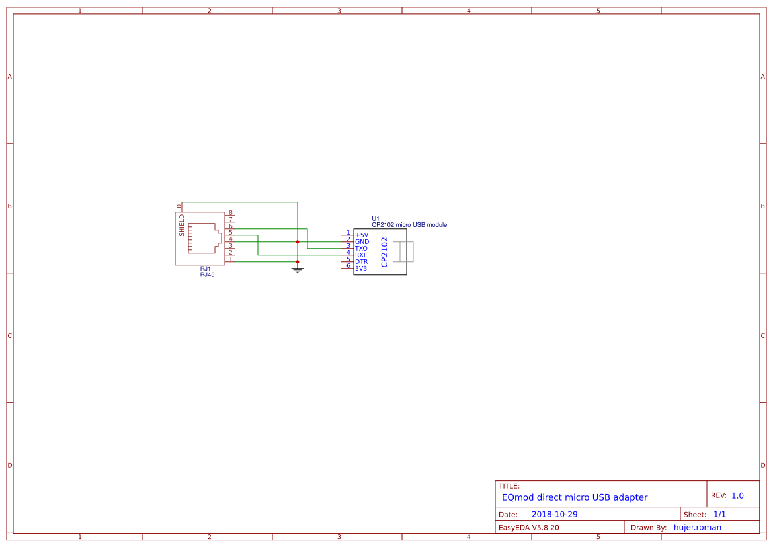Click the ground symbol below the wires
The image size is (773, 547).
coord(298,269)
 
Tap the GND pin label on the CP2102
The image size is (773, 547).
coord(362,242)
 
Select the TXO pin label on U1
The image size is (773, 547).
coord(361,249)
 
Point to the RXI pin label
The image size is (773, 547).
coord(360,255)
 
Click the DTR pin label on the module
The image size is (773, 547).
coord(361,262)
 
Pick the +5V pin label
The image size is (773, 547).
coord(362,235)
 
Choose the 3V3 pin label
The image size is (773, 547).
coord(361,269)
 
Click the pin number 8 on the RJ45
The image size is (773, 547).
coord(231,213)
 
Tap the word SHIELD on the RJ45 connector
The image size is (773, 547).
coord(182,226)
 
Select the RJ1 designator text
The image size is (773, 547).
coord(206,269)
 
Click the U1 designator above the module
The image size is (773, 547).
coord(376,218)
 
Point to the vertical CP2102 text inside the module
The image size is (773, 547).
coord(384,253)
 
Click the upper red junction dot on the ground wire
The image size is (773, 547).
coord(298,242)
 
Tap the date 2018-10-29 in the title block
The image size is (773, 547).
coord(554,515)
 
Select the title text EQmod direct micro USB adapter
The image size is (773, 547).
coord(575,497)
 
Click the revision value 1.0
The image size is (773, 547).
coord(737,495)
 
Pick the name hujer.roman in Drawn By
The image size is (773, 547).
coord(697,528)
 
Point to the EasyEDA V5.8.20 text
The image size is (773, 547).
coord(528,528)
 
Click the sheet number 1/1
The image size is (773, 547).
coord(719,515)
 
